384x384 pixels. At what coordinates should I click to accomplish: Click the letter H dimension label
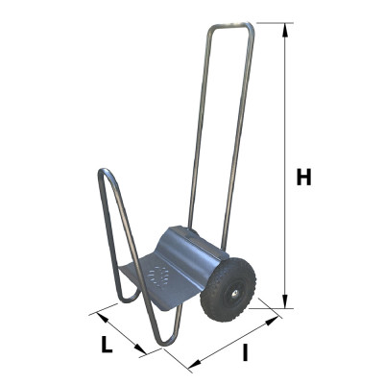pos(303,178)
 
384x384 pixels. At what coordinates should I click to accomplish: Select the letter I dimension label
pos(244,352)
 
